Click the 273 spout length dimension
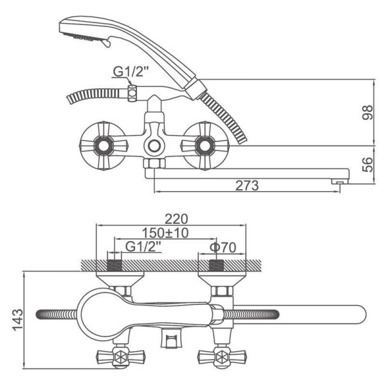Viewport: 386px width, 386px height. click(247, 186)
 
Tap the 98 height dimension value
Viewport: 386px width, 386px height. click(368, 113)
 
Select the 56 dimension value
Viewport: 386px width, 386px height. click(368, 165)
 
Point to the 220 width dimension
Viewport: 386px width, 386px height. click(176, 219)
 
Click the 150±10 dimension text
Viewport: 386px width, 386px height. click(165, 233)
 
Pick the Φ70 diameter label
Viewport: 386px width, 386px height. click(223, 248)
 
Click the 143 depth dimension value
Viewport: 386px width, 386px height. click(18, 320)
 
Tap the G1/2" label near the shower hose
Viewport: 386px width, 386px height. click(131, 71)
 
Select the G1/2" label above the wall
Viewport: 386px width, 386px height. click(143, 246)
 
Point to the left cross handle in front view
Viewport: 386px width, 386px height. click(104, 146)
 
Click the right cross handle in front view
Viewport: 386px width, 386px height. click(205, 146)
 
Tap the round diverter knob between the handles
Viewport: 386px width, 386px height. click(154, 146)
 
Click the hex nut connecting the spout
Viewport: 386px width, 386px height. click(154, 163)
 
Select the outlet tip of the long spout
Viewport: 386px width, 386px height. click(340, 181)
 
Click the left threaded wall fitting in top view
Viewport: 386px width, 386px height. click(115, 265)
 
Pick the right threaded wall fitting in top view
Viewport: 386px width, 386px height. click(216, 265)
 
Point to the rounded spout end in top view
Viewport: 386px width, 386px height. click(359, 315)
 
